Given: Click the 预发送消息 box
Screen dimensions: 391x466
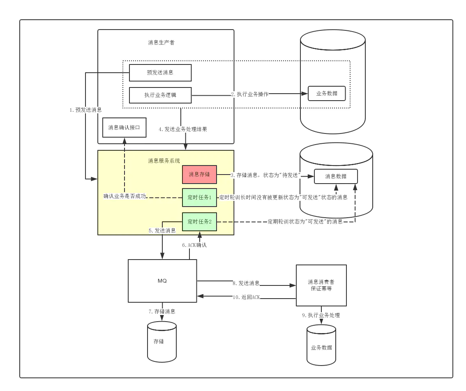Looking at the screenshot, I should click(160, 73).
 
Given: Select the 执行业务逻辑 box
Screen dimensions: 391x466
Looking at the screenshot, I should click(160, 95).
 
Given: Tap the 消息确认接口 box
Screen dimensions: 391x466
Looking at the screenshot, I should click(124, 128).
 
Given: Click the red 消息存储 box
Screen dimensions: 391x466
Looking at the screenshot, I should click(199, 175).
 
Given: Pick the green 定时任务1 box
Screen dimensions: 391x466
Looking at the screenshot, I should click(199, 198).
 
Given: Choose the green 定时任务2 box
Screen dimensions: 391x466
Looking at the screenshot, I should click(199, 222).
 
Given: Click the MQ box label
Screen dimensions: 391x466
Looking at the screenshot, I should click(162, 281).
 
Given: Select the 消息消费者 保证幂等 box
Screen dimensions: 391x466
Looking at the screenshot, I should click(321, 285).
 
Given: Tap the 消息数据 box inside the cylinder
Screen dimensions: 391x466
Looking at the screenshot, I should click(336, 176).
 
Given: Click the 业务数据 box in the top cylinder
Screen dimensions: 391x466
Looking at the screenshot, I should click(327, 93).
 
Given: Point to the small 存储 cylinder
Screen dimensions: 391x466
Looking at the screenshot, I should click(162, 341).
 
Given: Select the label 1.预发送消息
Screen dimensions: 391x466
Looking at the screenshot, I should click(85, 110).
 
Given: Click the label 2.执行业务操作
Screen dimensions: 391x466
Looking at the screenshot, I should click(250, 94).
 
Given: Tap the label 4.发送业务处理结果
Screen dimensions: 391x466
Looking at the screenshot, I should click(183, 129).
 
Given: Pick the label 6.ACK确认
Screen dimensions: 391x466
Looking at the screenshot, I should click(194, 245).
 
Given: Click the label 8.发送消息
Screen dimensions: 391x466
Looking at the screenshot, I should click(246, 283).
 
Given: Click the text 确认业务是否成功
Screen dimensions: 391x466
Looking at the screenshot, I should click(125, 196).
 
